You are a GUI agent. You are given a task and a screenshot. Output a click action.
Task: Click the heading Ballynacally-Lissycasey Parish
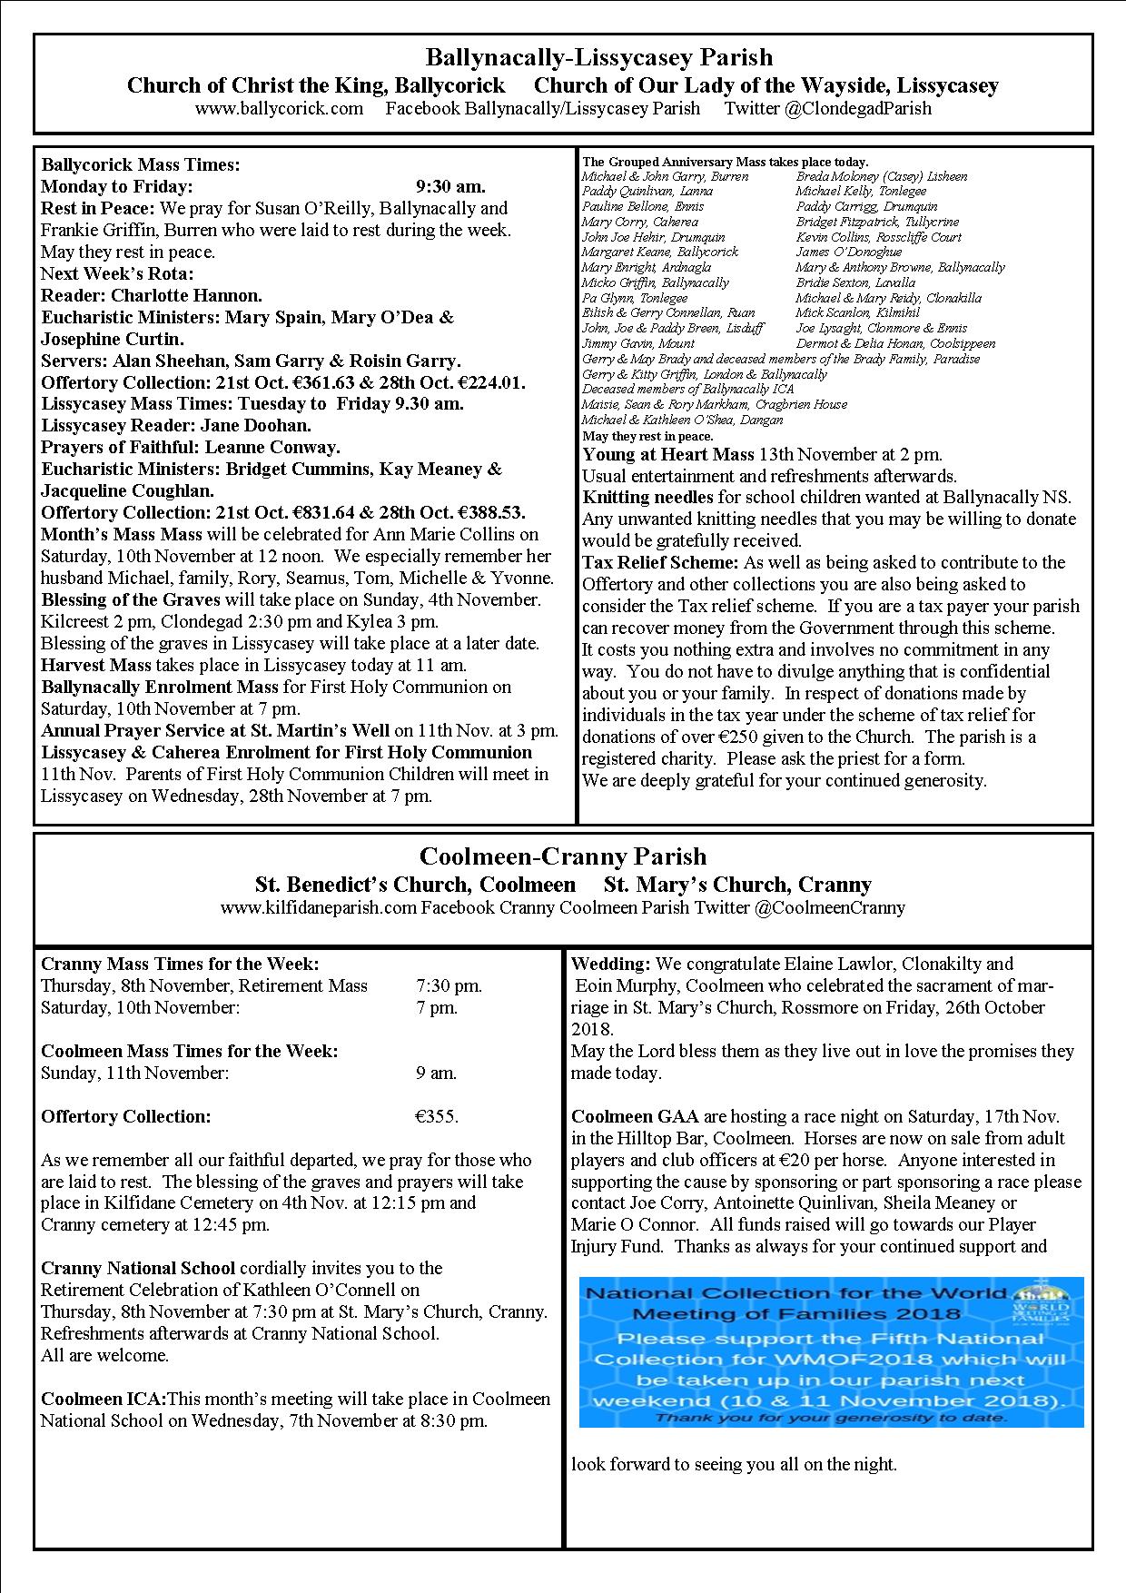[599, 58]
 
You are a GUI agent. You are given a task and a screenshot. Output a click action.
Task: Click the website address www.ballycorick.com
[279, 109]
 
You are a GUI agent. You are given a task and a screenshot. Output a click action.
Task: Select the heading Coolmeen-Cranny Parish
[563, 856]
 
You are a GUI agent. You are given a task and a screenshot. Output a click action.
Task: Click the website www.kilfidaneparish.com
[318, 907]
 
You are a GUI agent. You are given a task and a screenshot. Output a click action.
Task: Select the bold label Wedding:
[610, 964]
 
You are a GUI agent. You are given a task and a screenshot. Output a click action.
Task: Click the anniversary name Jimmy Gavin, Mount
[638, 343]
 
